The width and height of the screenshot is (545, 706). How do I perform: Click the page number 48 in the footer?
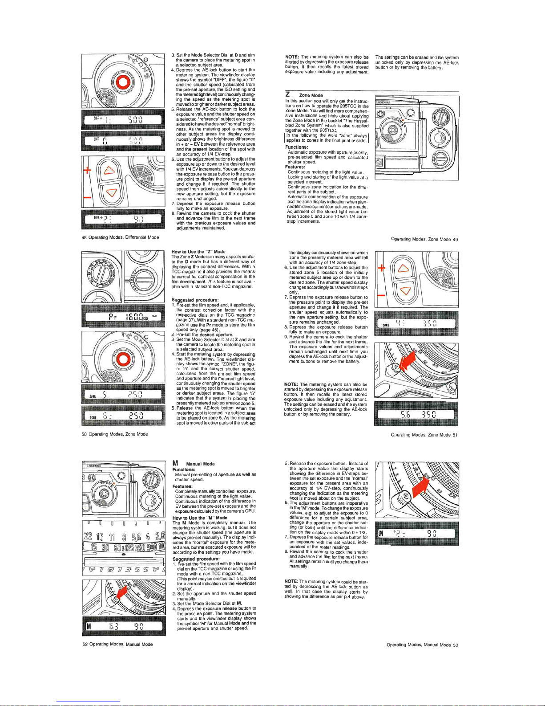pyautogui.click(x=84, y=237)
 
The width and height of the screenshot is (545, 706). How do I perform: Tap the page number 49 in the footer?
pyautogui.click(x=455, y=239)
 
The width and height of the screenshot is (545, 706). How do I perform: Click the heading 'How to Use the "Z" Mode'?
pyautogui.click(x=198, y=252)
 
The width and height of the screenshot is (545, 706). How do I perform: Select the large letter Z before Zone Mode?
pyautogui.click(x=287, y=94)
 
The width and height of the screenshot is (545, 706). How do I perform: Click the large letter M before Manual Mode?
pyautogui.click(x=175, y=463)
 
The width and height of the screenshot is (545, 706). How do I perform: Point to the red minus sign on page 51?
pyautogui.click(x=381, y=295)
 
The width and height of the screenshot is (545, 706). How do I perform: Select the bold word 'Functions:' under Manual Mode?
pyautogui.click(x=184, y=469)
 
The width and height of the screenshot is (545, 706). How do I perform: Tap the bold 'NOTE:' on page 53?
pyautogui.click(x=291, y=581)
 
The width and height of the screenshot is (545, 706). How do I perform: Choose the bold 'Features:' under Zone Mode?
pyautogui.click(x=295, y=167)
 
